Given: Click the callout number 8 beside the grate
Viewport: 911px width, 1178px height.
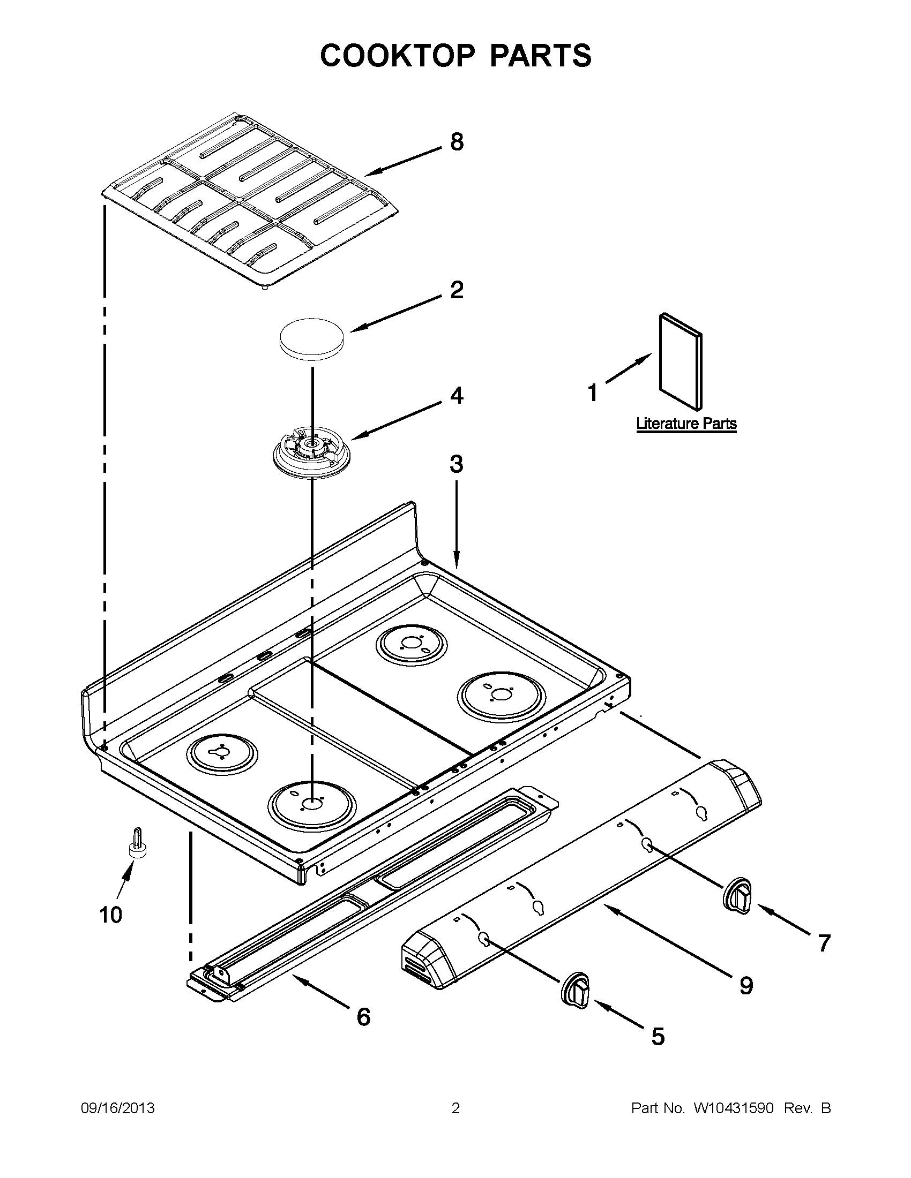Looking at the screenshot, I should (457, 142).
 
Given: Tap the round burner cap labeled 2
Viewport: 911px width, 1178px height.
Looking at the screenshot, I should (312, 338).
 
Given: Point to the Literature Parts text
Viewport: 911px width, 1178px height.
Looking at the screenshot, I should (686, 424).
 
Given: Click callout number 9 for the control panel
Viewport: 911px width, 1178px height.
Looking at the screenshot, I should (746, 985).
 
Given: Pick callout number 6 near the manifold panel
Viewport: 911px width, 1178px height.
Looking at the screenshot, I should (364, 1017).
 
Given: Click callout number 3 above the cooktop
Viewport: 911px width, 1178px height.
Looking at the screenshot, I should (457, 464).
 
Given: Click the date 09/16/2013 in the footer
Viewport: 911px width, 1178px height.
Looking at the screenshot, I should (118, 1108).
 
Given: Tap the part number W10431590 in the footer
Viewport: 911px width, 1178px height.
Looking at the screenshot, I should (734, 1108).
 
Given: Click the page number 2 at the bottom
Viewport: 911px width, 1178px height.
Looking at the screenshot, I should (455, 1108).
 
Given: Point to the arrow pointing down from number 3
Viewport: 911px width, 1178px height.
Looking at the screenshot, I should (457, 523).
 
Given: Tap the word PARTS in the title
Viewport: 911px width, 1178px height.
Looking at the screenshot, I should (540, 56).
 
